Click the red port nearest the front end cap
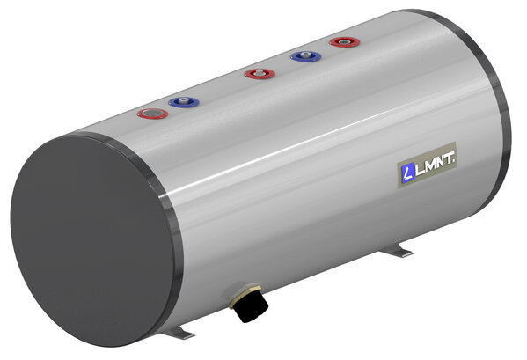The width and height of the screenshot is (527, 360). pyautogui.click(x=151, y=114)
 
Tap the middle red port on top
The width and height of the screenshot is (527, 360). pyautogui.click(x=256, y=73)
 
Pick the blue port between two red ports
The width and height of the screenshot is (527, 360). pyautogui.click(x=304, y=57)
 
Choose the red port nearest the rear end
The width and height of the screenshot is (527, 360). pyautogui.click(x=340, y=41)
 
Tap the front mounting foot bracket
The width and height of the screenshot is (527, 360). pyautogui.click(x=181, y=333)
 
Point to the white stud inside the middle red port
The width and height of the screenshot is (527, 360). pyautogui.click(x=256, y=72)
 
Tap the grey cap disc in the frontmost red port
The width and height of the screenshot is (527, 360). pyautogui.click(x=151, y=114)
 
